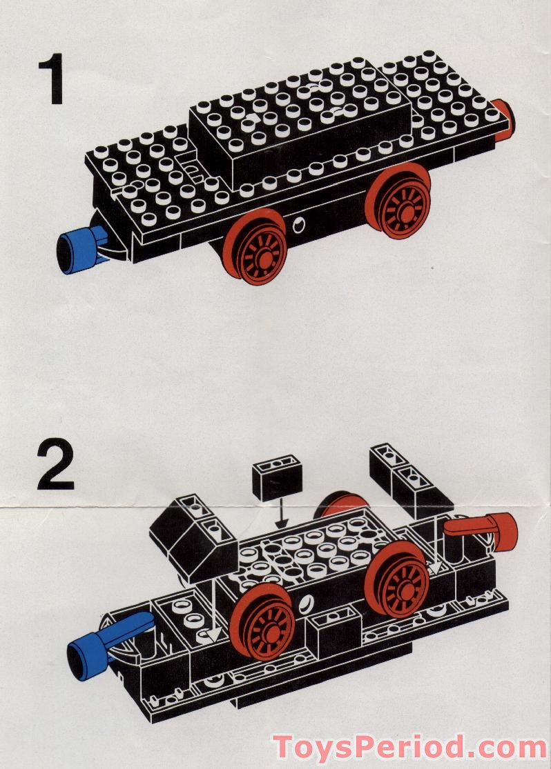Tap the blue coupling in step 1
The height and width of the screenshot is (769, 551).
[77, 250]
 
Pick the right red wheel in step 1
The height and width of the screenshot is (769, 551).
[399, 200]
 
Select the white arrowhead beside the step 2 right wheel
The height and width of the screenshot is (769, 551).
[435, 568]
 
